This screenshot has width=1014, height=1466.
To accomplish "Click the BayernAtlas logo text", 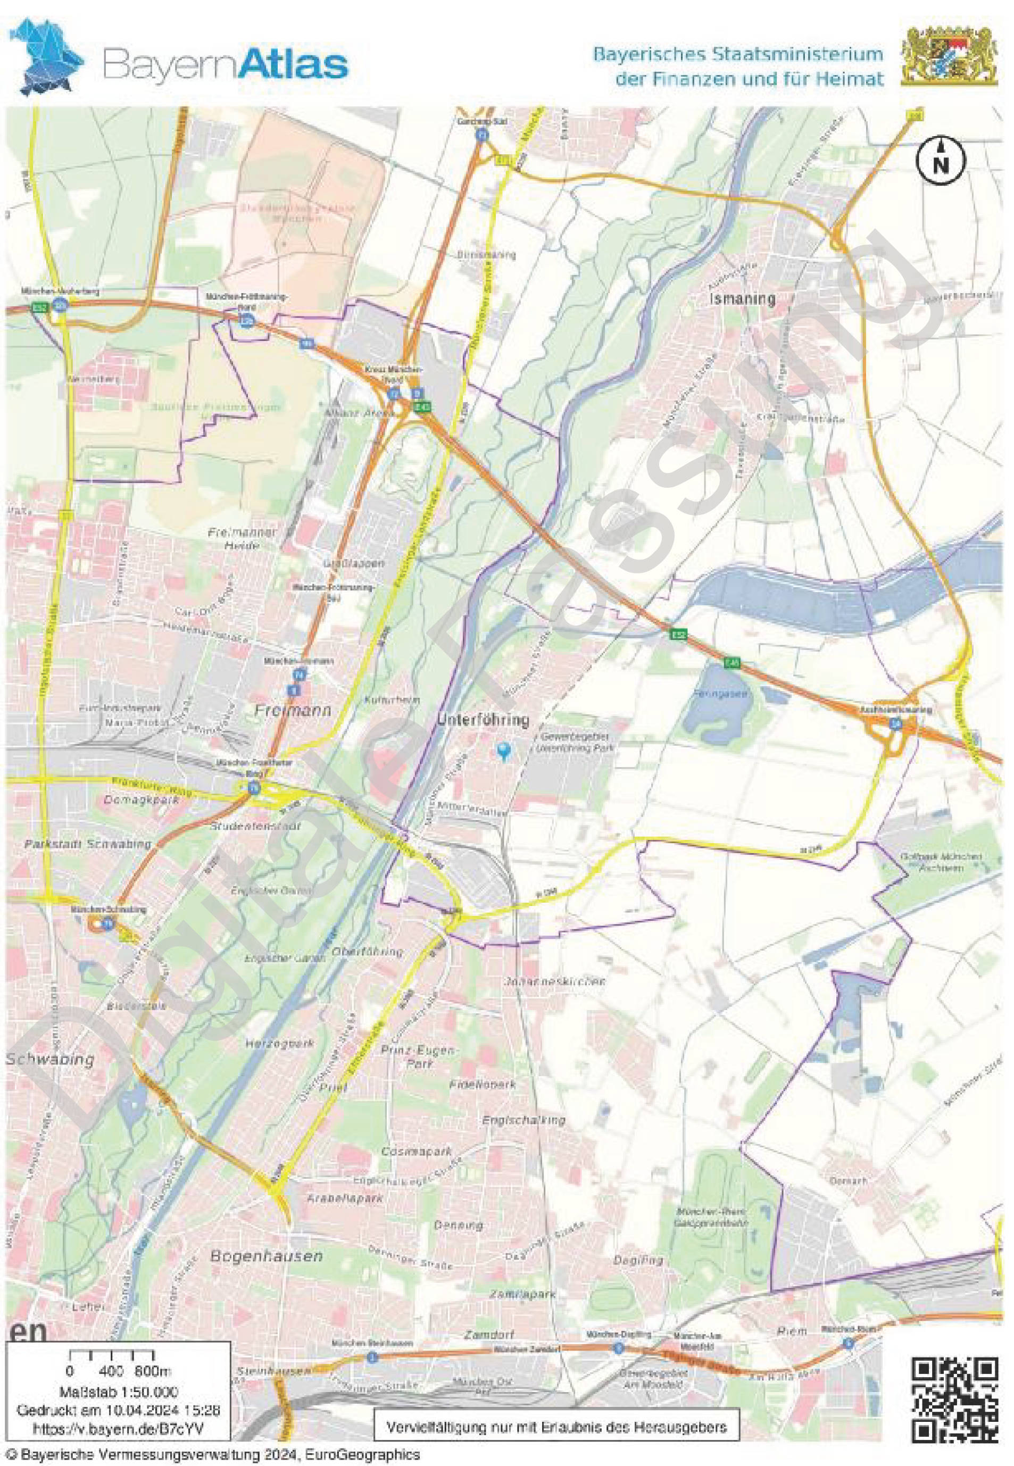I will pos(226,65).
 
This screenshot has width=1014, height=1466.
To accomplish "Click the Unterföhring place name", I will pos(484,720).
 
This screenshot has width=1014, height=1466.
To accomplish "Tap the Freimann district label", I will pos(293,711).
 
